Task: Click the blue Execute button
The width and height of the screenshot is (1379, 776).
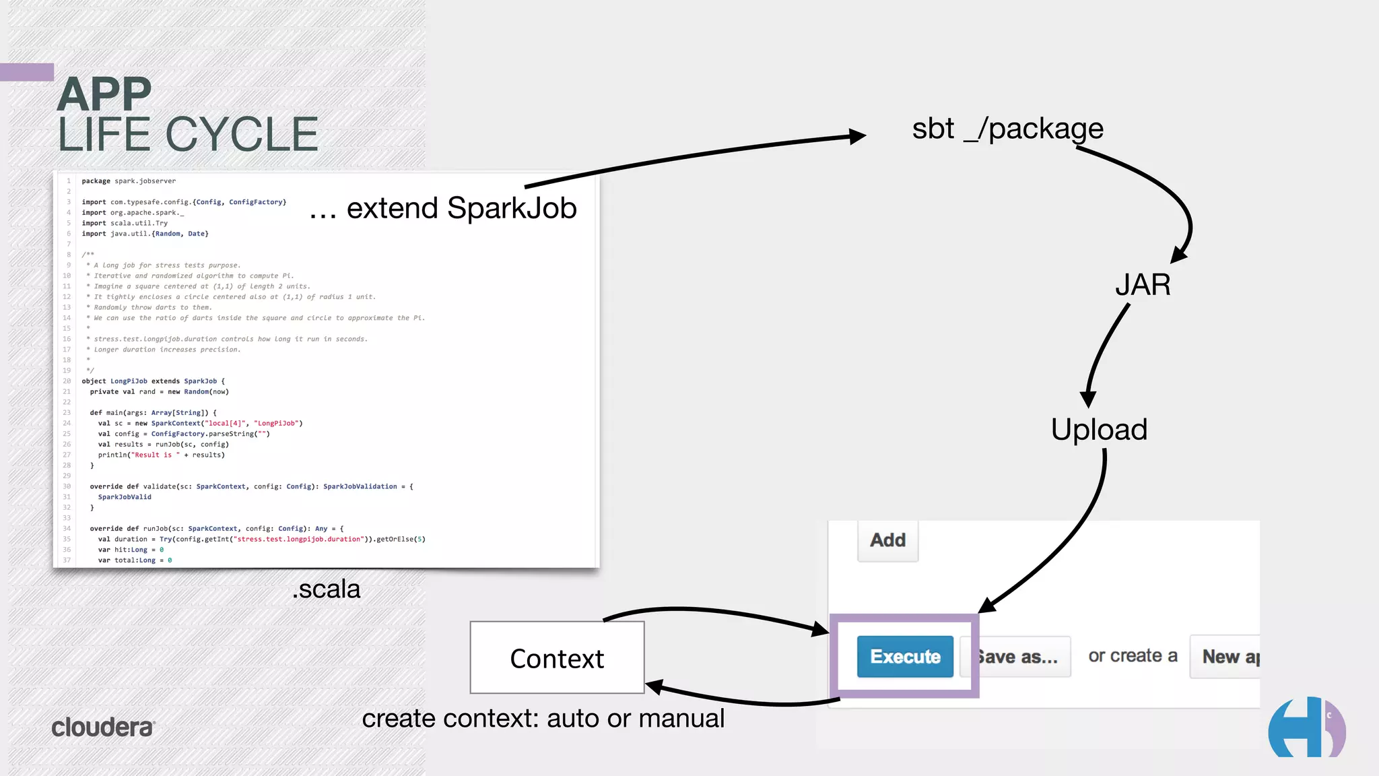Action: (904, 656)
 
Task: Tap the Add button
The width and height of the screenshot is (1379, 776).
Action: (887, 540)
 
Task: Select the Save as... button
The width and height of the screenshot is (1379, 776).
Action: (1018, 657)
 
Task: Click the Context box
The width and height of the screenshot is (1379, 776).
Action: (557, 657)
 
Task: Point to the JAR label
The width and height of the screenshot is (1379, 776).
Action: (1143, 285)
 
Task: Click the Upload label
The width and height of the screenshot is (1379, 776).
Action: (1099, 430)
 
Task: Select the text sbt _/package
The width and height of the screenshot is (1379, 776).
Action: (1007, 129)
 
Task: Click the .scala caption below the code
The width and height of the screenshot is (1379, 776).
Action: (327, 589)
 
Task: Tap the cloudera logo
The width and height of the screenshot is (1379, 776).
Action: (103, 727)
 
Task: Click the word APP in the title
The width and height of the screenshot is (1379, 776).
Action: (104, 94)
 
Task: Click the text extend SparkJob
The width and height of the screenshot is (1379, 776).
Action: (462, 208)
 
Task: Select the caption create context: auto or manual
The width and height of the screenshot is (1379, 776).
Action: (543, 719)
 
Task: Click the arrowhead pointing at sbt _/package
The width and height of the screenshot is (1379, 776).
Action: (857, 136)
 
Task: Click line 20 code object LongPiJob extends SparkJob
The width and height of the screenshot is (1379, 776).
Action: (153, 381)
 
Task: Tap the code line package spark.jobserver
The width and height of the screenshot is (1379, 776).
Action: (129, 181)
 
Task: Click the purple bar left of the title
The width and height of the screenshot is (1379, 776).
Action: (27, 72)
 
